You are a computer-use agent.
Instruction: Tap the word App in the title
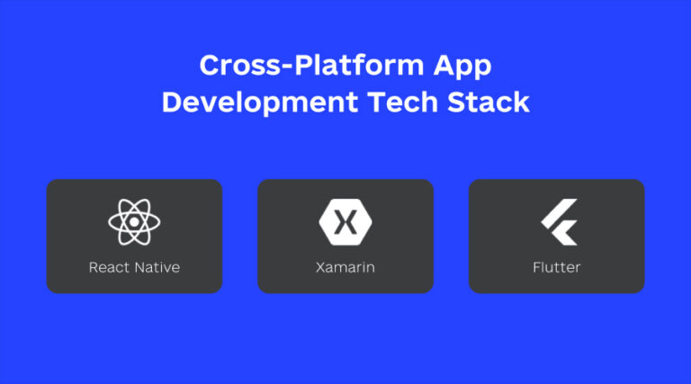point(462,66)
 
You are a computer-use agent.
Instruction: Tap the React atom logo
point(134,220)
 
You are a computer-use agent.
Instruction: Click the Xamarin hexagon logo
point(345,220)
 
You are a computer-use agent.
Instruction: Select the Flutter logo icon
point(558,220)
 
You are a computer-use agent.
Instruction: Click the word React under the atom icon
point(109,267)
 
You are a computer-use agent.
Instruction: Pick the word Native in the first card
point(157,267)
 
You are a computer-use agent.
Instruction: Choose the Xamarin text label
point(345,267)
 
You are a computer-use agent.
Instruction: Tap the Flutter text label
point(556,267)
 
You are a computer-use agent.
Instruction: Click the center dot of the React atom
point(134,220)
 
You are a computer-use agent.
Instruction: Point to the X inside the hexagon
point(345,220)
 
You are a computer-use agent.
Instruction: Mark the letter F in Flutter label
point(536,267)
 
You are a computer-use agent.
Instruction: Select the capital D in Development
point(172,102)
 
